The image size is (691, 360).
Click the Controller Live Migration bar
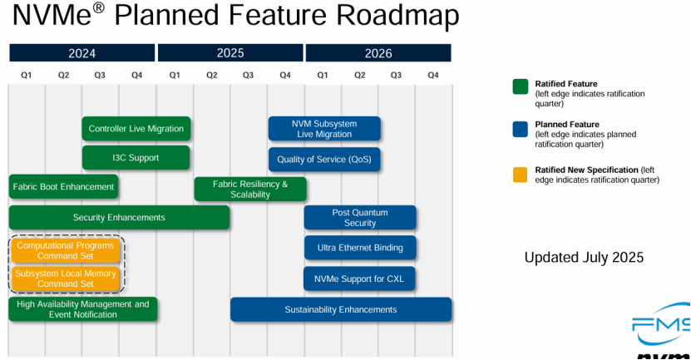[x=136, y=129]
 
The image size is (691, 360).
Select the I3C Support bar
[x=136, y=158]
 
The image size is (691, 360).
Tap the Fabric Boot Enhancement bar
[x=63, y=187]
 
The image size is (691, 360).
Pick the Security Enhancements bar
[x=120, y=217]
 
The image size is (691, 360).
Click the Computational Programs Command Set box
[x=66, y=251]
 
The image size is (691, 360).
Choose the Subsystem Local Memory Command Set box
[x=66, y=279]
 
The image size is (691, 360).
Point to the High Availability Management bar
[x=83, y=309]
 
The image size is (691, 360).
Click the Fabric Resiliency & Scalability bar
[x=250, y=189]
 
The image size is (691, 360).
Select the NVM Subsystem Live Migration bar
[x=324, y=129]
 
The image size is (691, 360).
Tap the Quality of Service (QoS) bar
[x=324, y=160]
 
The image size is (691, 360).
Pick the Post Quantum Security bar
[x=360, y=218]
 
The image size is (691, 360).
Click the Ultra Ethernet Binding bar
[x=360, y=248]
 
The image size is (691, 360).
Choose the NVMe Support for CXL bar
[x=359, y=279]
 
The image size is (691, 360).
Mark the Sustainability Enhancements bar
[x=341, y=309]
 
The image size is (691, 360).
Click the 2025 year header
[x=230, y=53]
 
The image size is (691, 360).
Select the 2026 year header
[x=378, y=53]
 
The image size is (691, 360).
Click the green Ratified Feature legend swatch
[x=521, y=86]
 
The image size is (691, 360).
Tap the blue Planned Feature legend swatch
[x=521, y=130]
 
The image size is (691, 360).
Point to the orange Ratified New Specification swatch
[x=521, y=175]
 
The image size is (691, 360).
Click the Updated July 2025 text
[x=584, y=258]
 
